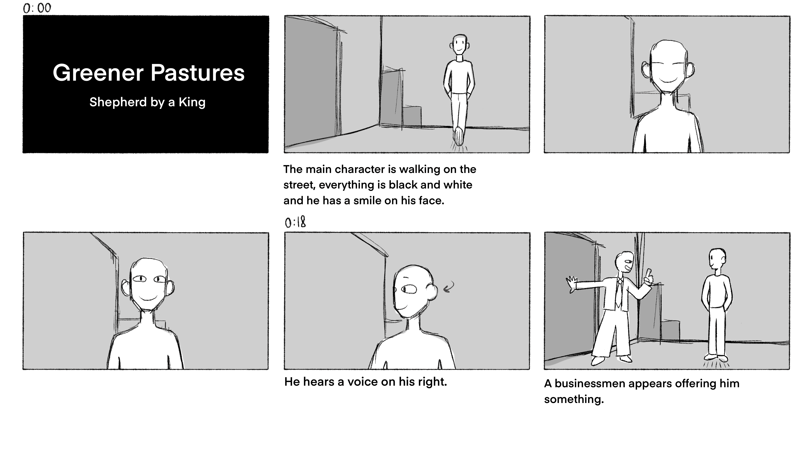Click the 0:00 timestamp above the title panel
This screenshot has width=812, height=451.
[x=37, y=8]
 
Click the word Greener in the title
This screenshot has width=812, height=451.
[x=98, y=73]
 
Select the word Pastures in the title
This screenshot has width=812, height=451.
[x=198, y=73]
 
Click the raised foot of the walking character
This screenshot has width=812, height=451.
[x=459, y=136]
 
